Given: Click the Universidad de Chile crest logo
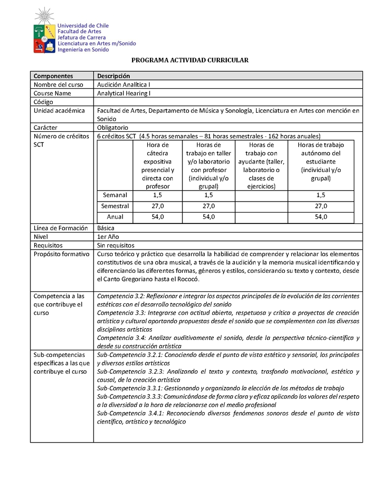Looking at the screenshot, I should pyautogui.click(x=43, y=31).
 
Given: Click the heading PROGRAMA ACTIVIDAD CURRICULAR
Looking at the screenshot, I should pyautogui.click(x=190, y=60).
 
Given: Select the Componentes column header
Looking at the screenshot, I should pyautogui.click(x=53, y=76).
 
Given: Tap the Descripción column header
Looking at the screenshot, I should pyautogui.click(x=114, y=76).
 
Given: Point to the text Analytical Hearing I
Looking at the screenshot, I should pyautogui.click(x=123, y=93).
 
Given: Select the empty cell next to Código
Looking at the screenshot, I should pyautogui.click(x=228, y=102).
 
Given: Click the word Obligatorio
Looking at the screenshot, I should pyautogui.click(x=113, y=127).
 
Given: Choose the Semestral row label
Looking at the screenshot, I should pyautogui.click(x=115, y=206).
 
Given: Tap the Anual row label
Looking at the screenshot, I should pyautogui.click(x=115, y=217).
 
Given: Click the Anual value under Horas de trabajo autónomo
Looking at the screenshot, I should pyautogui.click(x=321, y=217).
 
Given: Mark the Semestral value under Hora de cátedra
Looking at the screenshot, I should pyautogui.click(x=158, y=206).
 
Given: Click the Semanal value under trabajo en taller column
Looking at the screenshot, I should pyautogui.click(x=209, y=195).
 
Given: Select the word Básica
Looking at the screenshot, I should pyautogui.click(x=105, y=228).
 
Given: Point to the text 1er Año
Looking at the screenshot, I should pyautogui.click(x=108, y=236).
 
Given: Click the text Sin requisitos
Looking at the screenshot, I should pyautogui.click(x=115, y=245).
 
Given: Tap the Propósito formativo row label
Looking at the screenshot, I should pyautogui.click(x=61, y=254).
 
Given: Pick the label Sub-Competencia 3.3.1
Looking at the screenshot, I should pyautogui.click(x=129, y=388).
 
